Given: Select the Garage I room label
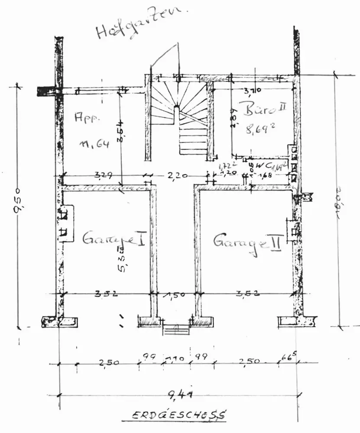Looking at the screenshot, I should click(114, 239).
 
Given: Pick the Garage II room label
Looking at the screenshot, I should click(247, 241).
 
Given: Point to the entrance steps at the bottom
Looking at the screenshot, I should click(176, 330).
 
